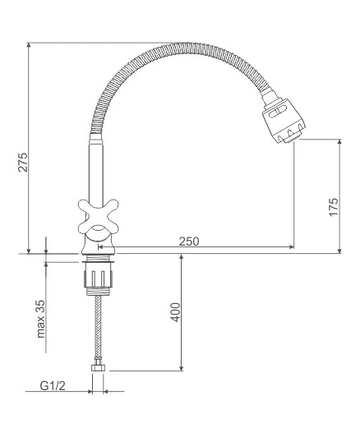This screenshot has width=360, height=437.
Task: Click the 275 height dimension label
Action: [23, 162]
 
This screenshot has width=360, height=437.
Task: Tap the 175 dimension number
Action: [334, 207]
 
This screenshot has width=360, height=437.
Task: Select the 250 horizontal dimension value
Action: [189, 241]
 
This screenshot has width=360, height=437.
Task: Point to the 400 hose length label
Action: [176, 312]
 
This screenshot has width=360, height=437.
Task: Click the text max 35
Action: [40, 319]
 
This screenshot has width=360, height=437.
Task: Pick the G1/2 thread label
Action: [53, 386]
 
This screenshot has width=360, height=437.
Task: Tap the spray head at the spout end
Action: [284, 120]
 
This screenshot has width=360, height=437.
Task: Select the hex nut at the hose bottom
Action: [98, 368]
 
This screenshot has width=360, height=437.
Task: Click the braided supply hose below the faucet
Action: [98, 329]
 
